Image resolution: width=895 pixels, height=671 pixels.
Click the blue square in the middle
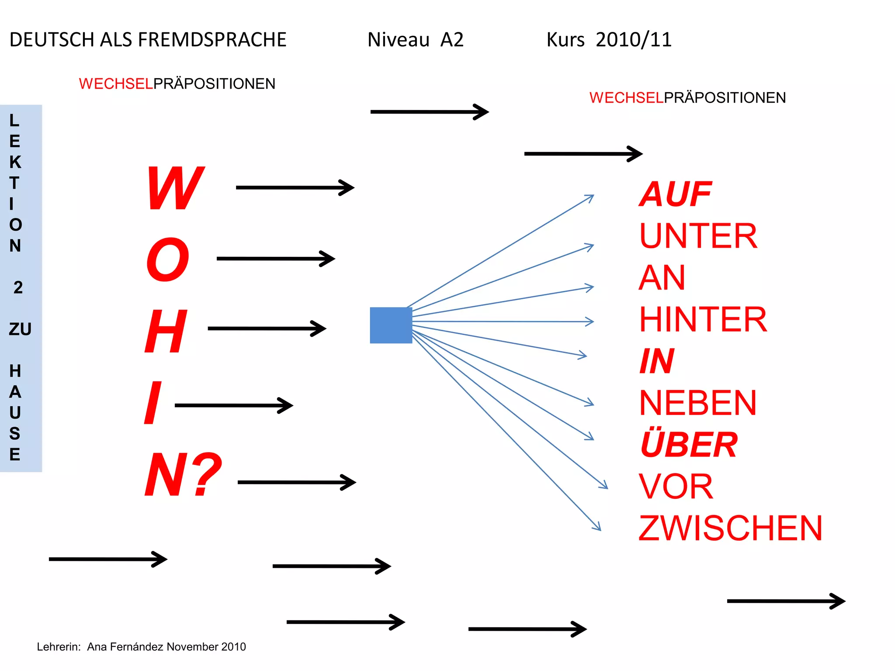(391, 325)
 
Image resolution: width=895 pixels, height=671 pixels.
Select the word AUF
(675, 194)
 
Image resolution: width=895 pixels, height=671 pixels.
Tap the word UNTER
(698, 236)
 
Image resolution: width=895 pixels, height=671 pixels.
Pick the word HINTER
(703, 319)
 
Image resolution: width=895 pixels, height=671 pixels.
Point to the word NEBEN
(697, 403)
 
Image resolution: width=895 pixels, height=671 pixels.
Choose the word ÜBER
(689, 445)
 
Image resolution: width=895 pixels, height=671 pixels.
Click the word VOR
(676, 487)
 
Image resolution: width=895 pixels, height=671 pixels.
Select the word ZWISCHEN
(730, 528)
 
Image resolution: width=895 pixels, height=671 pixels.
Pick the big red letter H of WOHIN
(166, 331)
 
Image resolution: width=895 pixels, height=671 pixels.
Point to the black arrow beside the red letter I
(233, 405)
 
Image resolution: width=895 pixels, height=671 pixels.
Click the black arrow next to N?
(297, 482)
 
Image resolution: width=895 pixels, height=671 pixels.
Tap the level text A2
(451, 40)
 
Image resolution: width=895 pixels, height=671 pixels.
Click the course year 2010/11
(633, 40)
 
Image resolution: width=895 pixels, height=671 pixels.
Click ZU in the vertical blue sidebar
(20, 329)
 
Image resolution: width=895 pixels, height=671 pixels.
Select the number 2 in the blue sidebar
(18, 287)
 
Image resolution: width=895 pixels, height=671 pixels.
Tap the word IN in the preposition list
(657, 361)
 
